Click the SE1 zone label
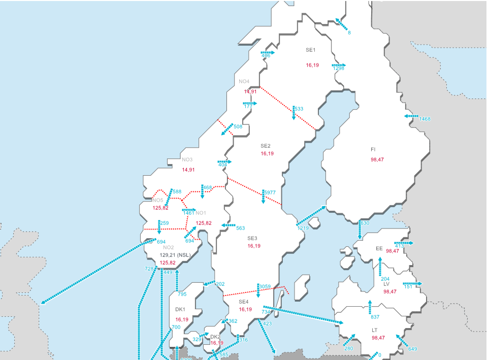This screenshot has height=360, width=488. pyautogui.click(x=310, y=50)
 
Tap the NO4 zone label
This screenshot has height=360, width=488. pyautogui.click(x=244, y=82)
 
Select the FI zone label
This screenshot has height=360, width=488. pyautogui.click(x=373, y=150)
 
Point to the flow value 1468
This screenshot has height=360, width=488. pyautogui.click(x=425, y=119)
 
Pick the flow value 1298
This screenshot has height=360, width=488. pyautogui.click(x=339, y=69)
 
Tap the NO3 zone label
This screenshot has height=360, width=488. pyautogui.click(x=187, y=160)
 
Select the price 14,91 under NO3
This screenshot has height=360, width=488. pyautogui.click(x=188, y=170)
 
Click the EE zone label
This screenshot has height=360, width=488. pyautogui.click(x=379, y=249)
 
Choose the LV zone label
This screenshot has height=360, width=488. pyautogui.click(x=386, y=284)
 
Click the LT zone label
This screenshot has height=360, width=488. pyautogui.click(x=374, y=330)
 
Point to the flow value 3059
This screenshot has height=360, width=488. pyautogui.click(x=265, y=287)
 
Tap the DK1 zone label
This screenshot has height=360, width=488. pyautogui.click(x=180, y=310)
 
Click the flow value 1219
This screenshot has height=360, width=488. pyautogui.click(x=303, y=228)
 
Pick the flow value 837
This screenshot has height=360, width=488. pyautogui.click(x=375, y=317)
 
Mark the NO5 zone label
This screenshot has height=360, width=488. pyautogui.click(x=157, y=200)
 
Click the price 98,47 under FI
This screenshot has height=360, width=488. pyautogui.click(x=377, y=160)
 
